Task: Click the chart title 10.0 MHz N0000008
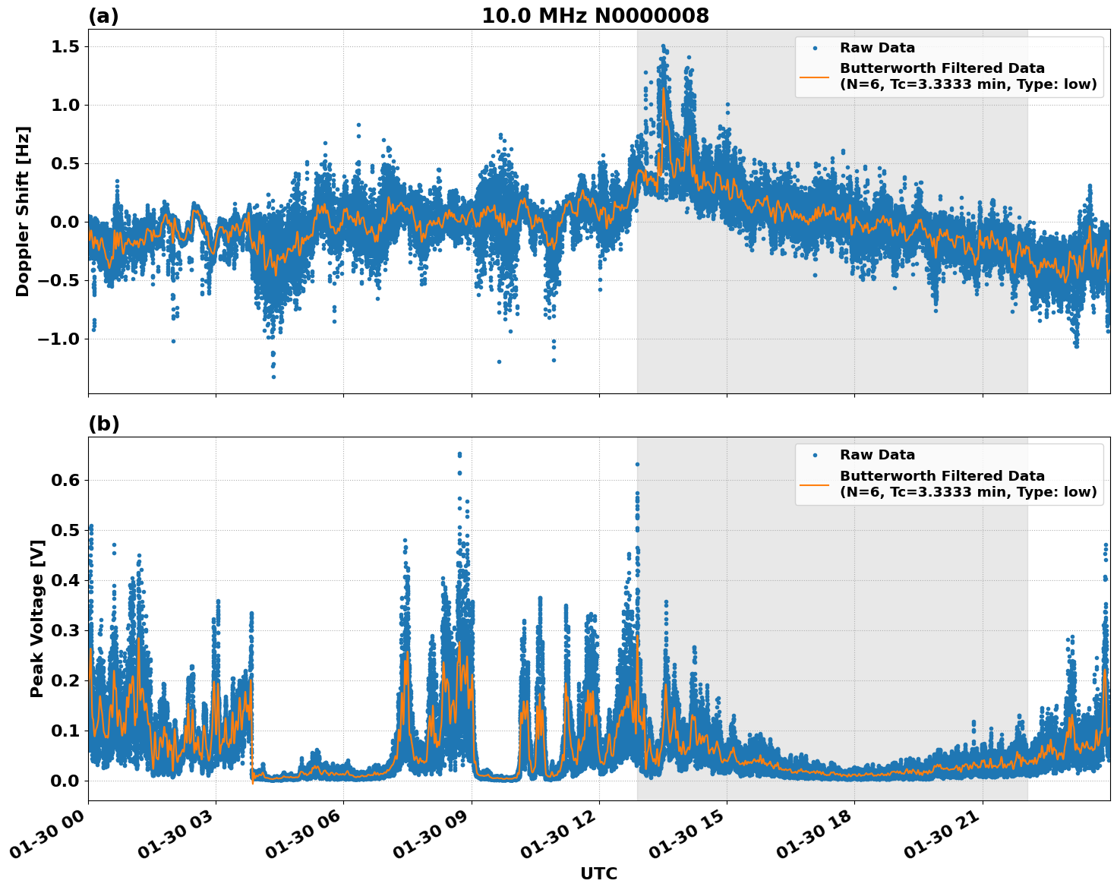click(595, 16)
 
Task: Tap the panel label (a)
click(103, 16)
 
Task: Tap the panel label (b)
click(103, 424)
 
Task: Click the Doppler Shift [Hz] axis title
click(23, 211)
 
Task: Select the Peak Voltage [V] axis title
click(37, 618)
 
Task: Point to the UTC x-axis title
click(598, 873)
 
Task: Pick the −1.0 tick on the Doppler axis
click(58, 339)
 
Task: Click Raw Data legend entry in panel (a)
click(877, 48)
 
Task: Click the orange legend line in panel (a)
click(815, 77)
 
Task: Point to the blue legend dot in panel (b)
click(815, 455)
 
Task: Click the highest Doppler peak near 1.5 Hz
click(662, 46)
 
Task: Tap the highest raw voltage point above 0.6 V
click(459, 454)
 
